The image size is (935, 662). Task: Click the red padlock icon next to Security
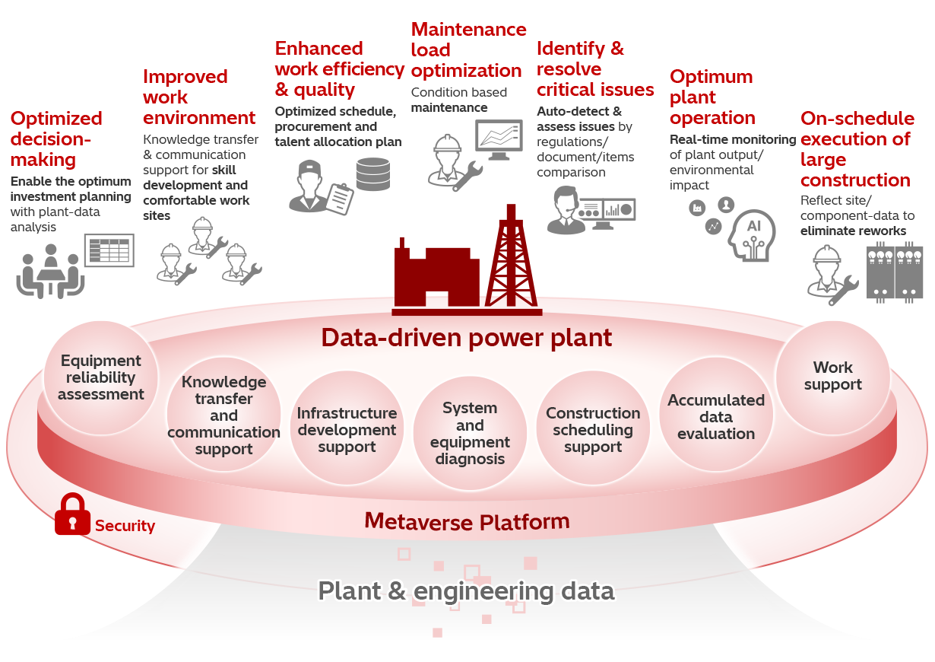click(72, 514)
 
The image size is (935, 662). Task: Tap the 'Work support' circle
click(832, 376)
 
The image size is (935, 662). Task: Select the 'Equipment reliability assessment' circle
click(101, 377)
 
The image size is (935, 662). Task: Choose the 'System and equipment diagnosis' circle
click(470, 433)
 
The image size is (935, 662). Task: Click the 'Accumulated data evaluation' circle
click(716, 416)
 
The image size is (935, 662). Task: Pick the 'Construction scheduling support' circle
click(593, 430)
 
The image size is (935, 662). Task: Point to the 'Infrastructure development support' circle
click(347, 430)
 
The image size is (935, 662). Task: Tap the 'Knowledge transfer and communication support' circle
click(223, 415)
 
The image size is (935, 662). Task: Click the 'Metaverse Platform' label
click(467, 521)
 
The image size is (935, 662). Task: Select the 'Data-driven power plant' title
click(466, 337)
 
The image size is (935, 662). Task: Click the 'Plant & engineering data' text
click(466, 590)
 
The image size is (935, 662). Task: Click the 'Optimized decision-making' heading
click(56, 138)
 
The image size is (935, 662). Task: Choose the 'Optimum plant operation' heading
click(712, 97)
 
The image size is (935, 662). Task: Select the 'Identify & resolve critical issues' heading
click(594, 69)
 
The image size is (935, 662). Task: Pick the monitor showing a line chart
click(499, 139)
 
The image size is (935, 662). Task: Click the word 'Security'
click(125, 526)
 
